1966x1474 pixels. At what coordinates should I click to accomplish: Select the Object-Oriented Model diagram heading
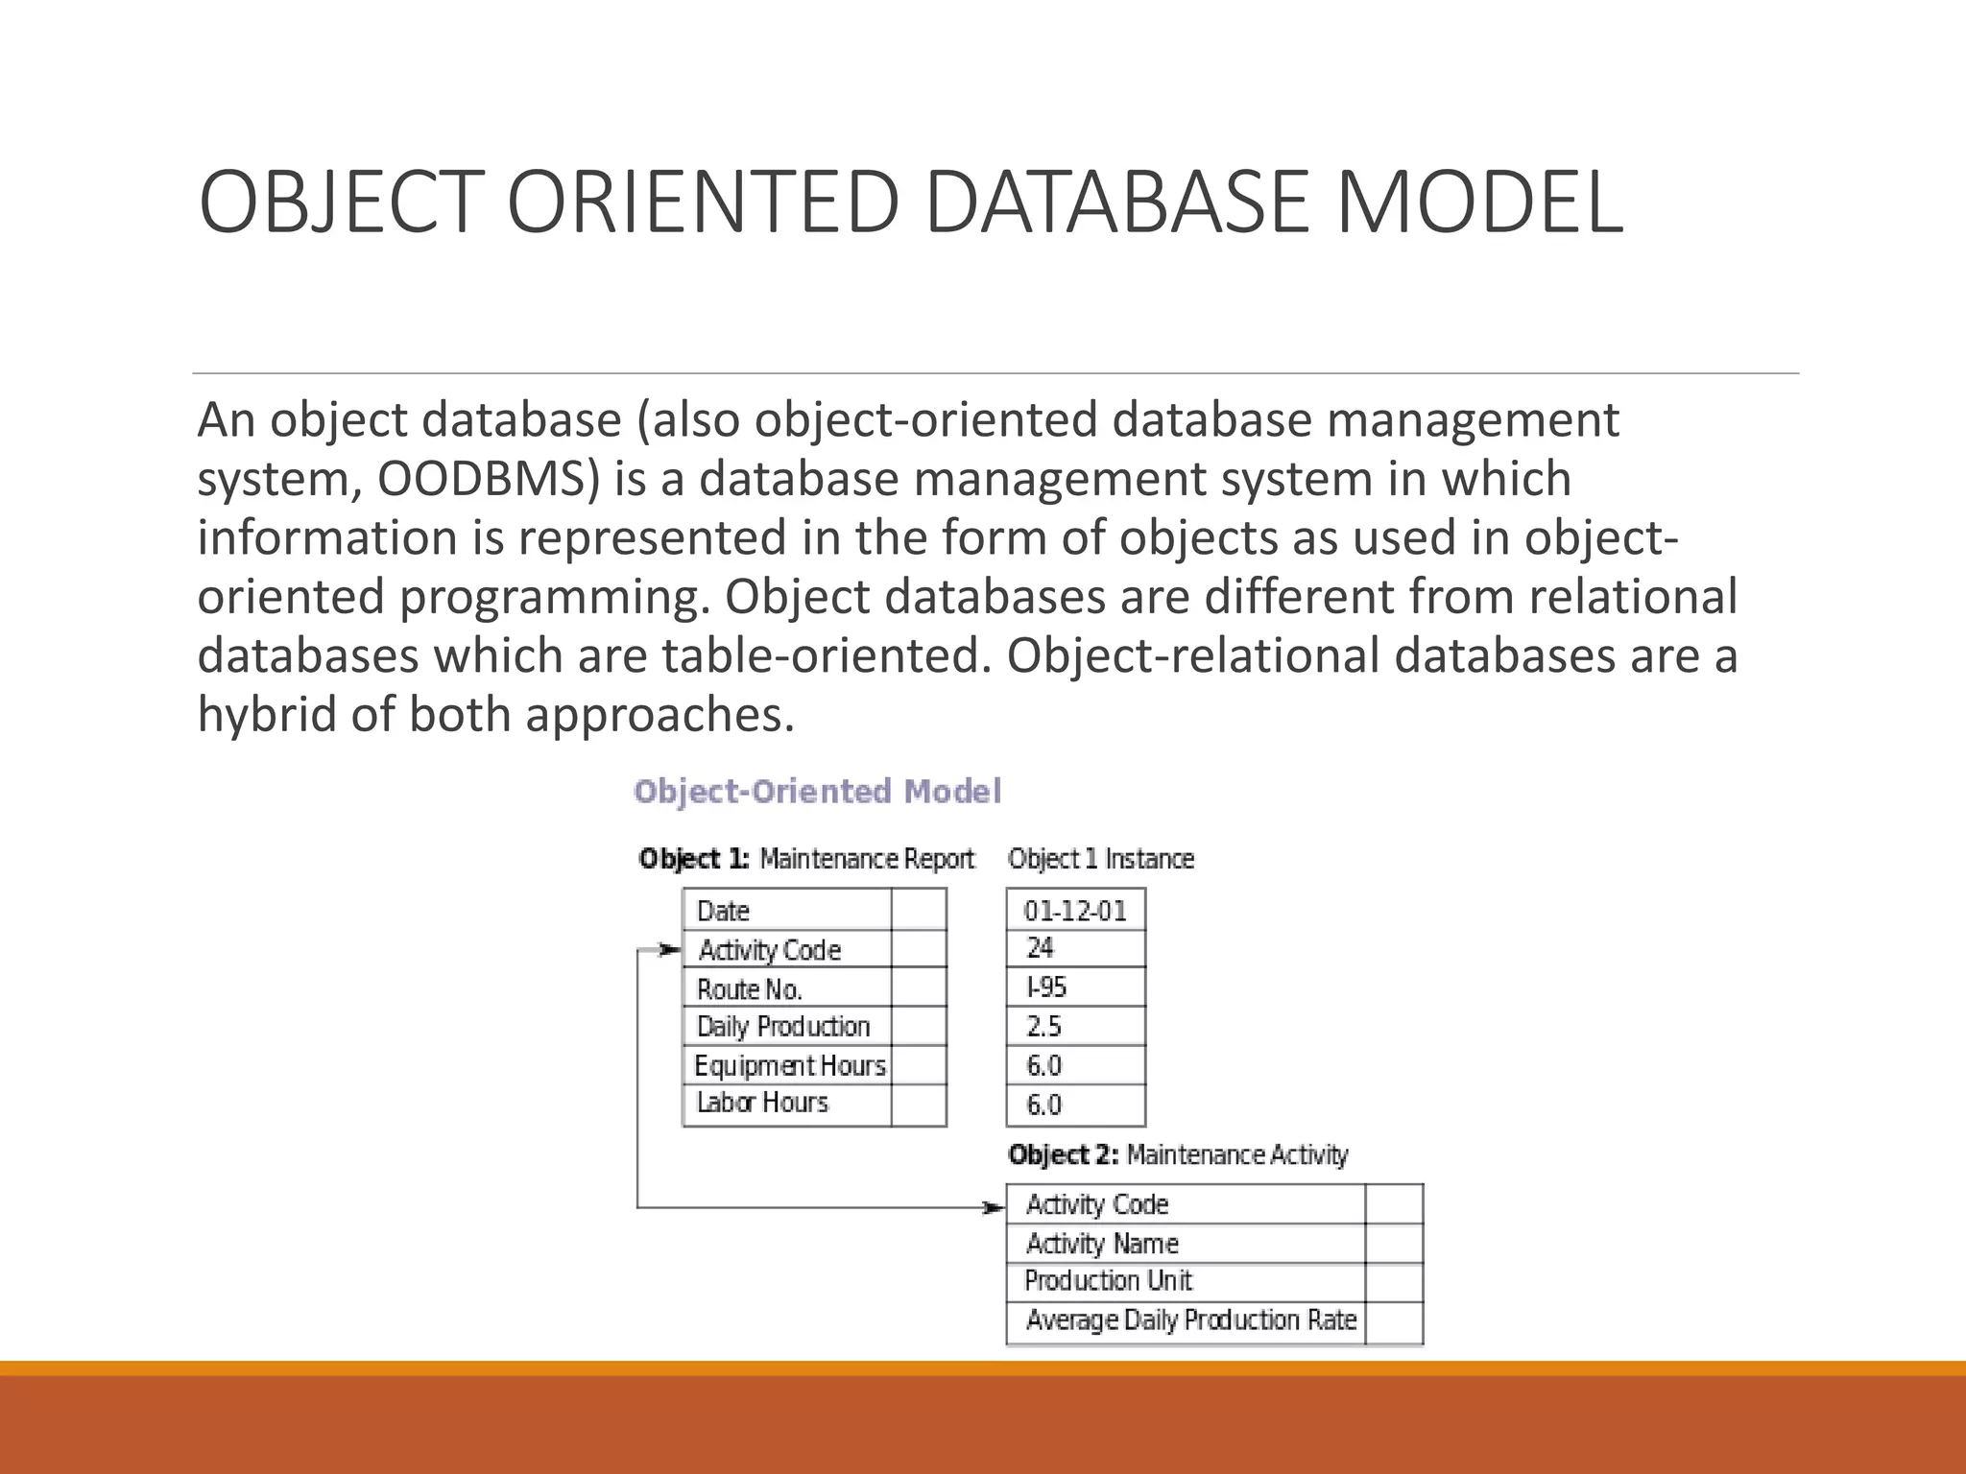[817, 792]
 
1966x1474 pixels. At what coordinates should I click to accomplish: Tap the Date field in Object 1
[723, 910]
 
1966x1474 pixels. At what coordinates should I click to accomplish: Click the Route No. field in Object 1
[749, 988]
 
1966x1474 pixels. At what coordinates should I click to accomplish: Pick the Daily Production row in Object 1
[782, 1027]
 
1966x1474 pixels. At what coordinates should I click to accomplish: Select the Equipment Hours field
[789, 1065]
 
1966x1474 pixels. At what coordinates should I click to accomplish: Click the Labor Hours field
[762, 1103]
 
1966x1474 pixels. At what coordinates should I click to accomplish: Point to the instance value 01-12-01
[1074, 910]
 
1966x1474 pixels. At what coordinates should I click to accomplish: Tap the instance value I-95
[1046, 987]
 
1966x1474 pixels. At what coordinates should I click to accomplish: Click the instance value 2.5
[1043, 1027]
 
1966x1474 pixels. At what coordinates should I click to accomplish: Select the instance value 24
[1040, 948]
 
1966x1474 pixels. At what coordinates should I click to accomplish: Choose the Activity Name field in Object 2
[1101, 1244]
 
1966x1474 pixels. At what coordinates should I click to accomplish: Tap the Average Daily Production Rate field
[1190, 1320]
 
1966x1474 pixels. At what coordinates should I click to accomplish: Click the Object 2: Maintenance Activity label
[1177, 1154]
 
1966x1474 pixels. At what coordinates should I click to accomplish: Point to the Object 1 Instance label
[1100, 859]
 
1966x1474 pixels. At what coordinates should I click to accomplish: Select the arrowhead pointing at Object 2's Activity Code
[995, 1207]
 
